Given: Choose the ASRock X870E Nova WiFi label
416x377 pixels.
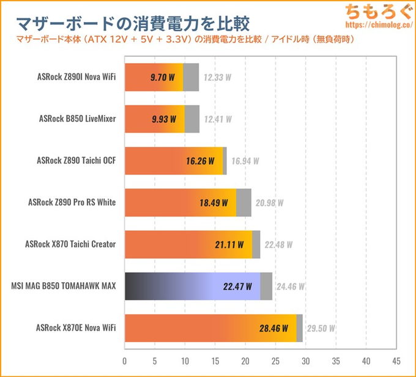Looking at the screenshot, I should click(x=76, y=327).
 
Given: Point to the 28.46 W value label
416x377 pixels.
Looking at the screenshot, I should click(x=273, y=328).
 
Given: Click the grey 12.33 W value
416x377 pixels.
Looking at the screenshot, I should click(x=218, y=78).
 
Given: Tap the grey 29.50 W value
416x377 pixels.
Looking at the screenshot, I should click(x=321, y=328).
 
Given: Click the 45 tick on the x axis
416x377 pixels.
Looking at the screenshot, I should click(x=396, y=360).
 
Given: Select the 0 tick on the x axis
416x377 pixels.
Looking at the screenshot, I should click(x=125, y=360).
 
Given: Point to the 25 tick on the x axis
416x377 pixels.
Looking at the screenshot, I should click(x=275, y=360).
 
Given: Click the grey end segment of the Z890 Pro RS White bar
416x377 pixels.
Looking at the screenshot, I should click(x=243, y=203).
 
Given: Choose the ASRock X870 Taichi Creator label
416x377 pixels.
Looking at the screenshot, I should click(x=70, y=244).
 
